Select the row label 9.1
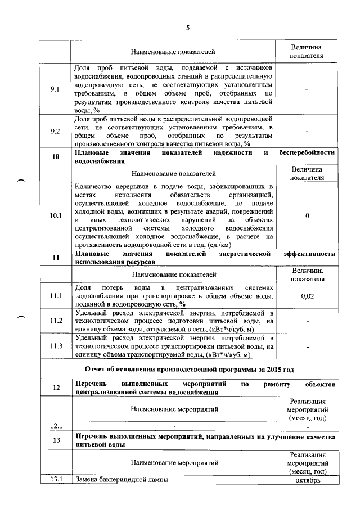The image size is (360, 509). pyautogui.click(x=55, y=89)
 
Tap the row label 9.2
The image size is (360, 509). pyautogui.click(x=55, y=132)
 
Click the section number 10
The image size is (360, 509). pyautogui.click(x=56, y=156)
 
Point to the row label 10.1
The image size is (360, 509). pyautogui.click(x=55, y=215)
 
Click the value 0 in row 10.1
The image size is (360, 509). pyautogui.click(x=307, y=215)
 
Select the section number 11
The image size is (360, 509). pyautogui.click(x=56, y=258)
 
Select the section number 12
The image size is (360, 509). pyautogui.click(x=56, y=388)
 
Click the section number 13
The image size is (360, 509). pyautogui.click(x=56, y=440)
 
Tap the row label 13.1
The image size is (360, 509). pyautogui.click(x=55, y=480)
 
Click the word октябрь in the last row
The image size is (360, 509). pyautogui.click(x=307, y=480)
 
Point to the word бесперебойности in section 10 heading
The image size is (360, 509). pyautogui.click(x=307, y=152)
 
